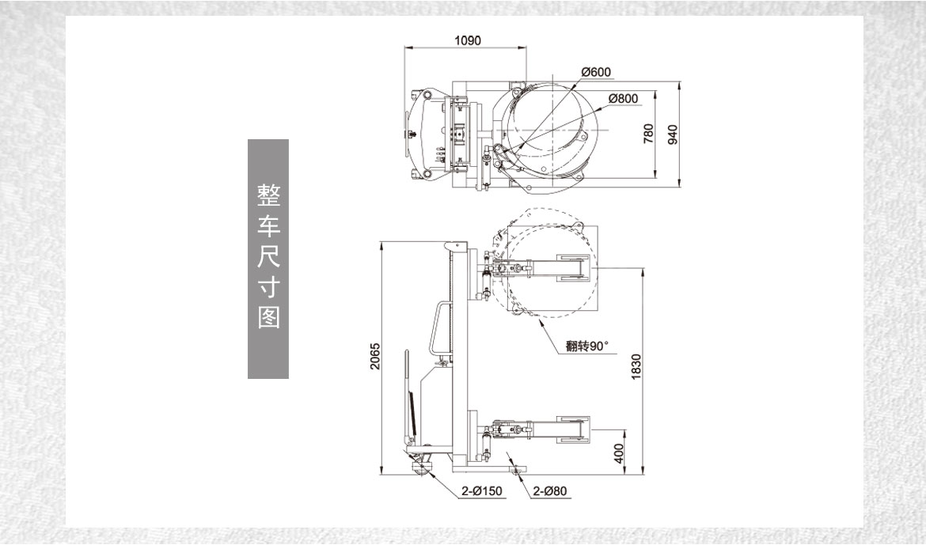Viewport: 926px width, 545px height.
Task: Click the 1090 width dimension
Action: pos(468,40)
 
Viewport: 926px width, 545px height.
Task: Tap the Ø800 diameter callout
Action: pos(623,99)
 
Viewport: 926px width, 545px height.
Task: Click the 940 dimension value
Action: pos(673,135)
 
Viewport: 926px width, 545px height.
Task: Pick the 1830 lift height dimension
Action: pos(636,366)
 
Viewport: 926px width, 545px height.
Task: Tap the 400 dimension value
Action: pos(619,453)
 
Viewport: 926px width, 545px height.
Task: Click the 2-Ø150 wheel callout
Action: pos(483,491)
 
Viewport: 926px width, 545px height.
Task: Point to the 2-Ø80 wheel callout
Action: pos(549,491)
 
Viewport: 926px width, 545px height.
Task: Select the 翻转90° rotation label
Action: pos(587,345)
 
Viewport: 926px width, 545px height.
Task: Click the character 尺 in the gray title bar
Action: pos(268,256)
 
